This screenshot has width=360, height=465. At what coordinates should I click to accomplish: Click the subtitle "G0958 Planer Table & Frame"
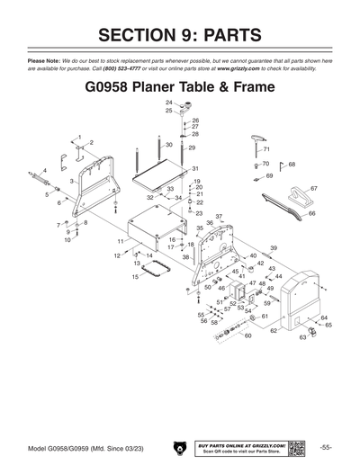click(x=179, y=90)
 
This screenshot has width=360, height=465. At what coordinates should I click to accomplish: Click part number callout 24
click(x=168, y=103)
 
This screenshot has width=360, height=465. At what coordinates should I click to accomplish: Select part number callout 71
click(x=266, y=148)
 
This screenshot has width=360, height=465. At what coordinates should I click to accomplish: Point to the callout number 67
click(x=313, y=188)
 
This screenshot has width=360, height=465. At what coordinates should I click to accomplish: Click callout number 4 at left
click(x=32, y=170)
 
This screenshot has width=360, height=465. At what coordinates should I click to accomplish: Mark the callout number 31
click(x=194, y=169)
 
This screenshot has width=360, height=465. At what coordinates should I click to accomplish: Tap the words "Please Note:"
click(x=32, y=59)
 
